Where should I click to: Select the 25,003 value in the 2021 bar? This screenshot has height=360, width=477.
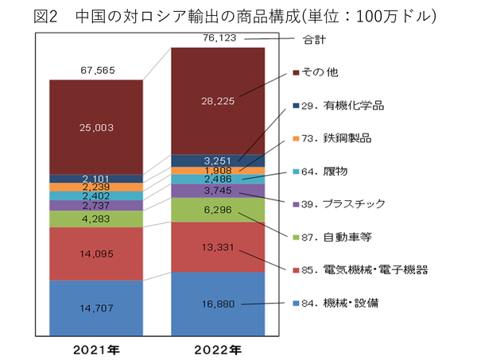(x=95, y=127)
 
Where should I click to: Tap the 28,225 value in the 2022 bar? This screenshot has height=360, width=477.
(x=218, y=101)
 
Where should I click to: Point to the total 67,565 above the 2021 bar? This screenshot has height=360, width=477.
(x=95, y=70)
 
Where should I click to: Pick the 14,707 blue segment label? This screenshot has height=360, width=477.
(x=95, y=308)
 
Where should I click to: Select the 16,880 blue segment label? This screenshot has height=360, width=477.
(x=218, y=303)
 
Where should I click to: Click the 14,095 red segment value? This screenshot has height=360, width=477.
(x=95, y=254)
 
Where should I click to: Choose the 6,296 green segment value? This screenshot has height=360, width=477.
(x=218, y=211)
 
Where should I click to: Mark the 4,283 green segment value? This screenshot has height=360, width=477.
(x=95, y=219)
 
